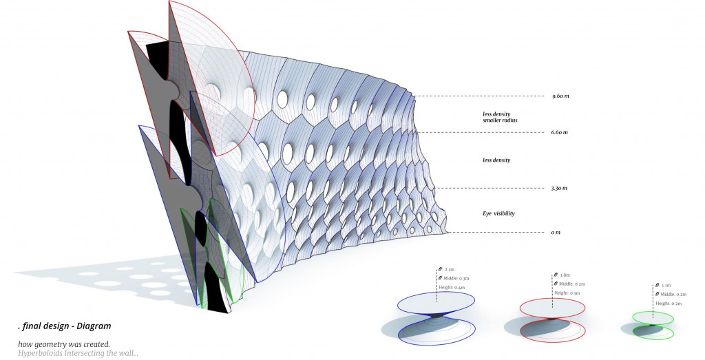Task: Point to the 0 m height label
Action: pos(555,233)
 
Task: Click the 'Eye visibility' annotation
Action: pos(498,213)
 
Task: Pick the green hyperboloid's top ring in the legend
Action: pos(652,317)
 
